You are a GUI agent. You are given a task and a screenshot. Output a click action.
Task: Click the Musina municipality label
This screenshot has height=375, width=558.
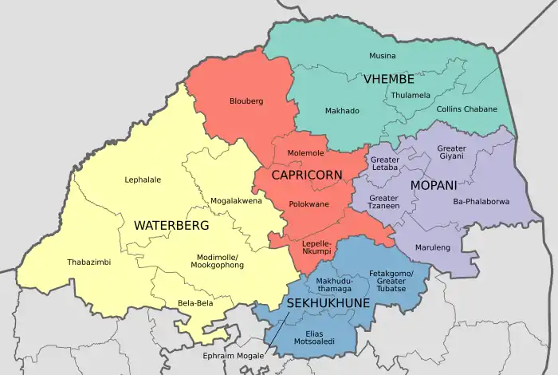coord(382,56)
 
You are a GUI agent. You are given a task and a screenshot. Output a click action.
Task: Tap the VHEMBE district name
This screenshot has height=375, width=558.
coord(388,79)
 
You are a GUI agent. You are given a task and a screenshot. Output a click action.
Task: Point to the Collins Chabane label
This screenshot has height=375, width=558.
coord(466,109)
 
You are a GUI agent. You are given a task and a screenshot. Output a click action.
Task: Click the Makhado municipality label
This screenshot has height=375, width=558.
coord(342,111)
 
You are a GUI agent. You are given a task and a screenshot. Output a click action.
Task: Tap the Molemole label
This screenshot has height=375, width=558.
coord(305,152)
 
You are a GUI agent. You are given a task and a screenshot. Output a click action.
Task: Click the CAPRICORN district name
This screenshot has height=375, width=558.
coord(307,175)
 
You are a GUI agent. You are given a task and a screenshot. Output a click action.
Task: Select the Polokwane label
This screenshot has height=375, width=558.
coord(308,204)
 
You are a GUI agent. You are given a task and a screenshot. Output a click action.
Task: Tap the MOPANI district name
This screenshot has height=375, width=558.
coord(434,185)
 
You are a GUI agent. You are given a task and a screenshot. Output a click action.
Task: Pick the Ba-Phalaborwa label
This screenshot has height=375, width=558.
coord(481,201)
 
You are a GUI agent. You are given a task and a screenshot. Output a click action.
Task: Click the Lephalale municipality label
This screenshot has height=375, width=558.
coord(143,180)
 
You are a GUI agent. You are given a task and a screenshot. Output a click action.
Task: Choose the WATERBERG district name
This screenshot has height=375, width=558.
coord(171,226)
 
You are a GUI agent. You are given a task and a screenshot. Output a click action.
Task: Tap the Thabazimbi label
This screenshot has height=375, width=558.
coord(88,262)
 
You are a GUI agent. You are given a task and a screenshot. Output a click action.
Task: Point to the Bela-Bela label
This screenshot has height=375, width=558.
coord(195,303)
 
